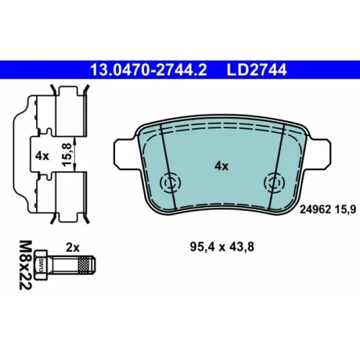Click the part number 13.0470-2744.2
point(148,70)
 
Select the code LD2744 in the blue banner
point(257,70)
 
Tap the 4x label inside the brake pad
point(222,166)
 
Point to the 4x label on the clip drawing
point(42,156)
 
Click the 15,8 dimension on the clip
point(67,155)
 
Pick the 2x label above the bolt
point(73,248)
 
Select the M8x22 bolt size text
point(25,265)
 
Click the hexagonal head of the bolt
point(40,265)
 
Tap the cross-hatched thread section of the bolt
point(85,265)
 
